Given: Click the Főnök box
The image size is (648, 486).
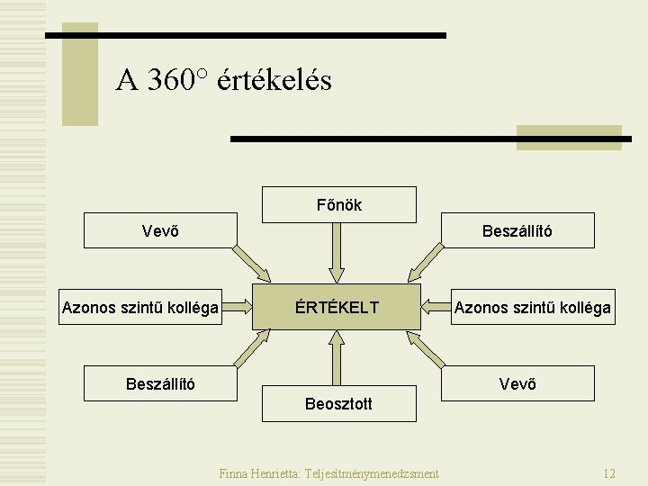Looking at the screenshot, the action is pos(338,204).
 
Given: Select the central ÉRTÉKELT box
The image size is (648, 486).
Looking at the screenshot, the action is pos(337,308).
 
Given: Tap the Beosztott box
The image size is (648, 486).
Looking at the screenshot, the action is pos(338,403).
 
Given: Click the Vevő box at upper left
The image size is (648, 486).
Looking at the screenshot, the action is pos(160,230).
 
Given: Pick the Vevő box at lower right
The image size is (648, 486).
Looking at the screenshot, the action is pos(517,383).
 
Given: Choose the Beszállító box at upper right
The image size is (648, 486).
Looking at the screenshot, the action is pos(517,230).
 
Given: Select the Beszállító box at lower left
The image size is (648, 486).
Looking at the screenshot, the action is pos(160,383).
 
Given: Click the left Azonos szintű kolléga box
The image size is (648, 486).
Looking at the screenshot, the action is pos(140,308).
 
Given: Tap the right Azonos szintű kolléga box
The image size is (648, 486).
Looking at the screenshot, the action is pos(533,308).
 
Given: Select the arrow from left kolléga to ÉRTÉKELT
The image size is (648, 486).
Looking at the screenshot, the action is pos(238,308).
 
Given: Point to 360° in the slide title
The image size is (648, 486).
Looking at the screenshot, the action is pos(176,81).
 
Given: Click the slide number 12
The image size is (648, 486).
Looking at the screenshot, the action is pos(609,473).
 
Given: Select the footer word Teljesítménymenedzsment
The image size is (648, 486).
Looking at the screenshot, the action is pos(372,473).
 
